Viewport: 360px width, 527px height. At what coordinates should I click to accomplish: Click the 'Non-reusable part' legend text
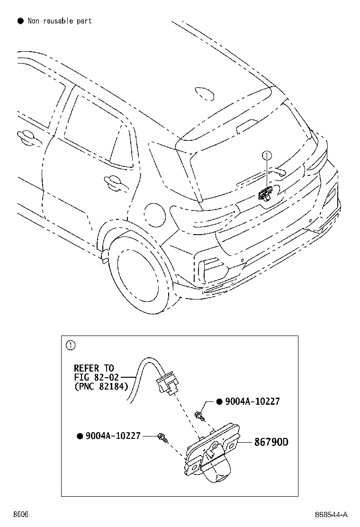[60, 21]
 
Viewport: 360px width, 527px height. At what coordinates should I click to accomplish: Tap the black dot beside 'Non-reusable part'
[20, 21]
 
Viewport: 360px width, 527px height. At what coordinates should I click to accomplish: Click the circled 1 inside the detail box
[70, 345]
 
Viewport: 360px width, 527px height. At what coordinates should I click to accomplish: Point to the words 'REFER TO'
[94, 368]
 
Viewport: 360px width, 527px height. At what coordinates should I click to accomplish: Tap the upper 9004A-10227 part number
[252, 401]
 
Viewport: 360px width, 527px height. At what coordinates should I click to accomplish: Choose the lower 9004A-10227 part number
[113, 435]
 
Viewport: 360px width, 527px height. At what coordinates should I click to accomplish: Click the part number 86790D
[271, 442]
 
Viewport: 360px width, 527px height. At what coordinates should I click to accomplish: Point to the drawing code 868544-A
[332, 515]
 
